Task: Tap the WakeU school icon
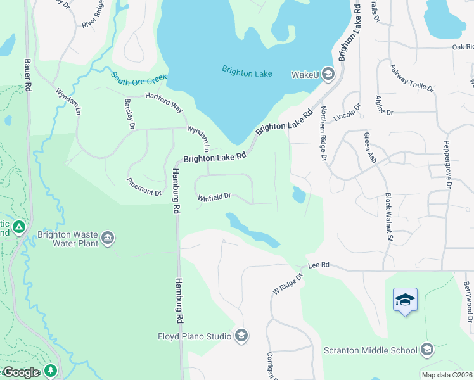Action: (x=328, y=75)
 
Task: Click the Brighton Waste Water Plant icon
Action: (x=108, y=238)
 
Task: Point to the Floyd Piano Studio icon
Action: (x=241, y=336)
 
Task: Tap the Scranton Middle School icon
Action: (x=427, y=350)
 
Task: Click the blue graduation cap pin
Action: (x=405, y=300)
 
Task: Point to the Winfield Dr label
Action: (x=214, y=197)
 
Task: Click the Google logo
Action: (x=20, y=372)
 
